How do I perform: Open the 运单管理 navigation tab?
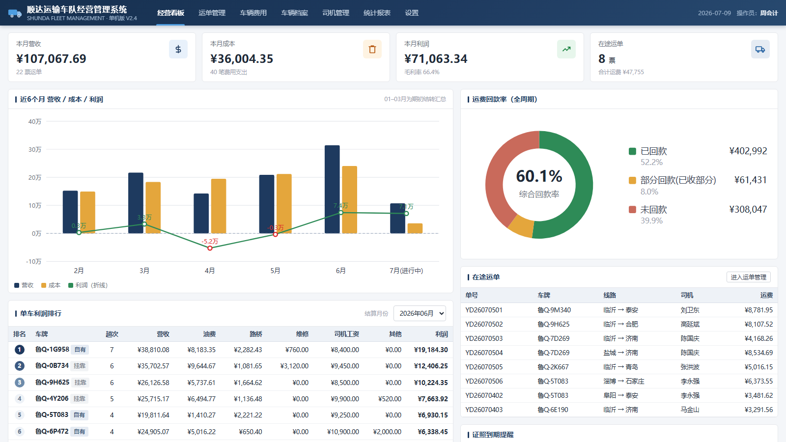pyautogui.click(x=212, y=13)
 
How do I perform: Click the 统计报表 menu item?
pyautogui.click(x=377, y=13)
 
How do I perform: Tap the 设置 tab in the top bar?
pyautogui.click(x=412, y=13)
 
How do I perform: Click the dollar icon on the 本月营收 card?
pyautogui.click(x=178, y=49)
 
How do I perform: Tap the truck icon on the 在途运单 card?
pyautogui.click(x=760, y=49)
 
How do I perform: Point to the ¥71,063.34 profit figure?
pyautogui.click(x=436, y=58)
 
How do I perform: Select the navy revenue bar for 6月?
pyautogui.click(x=332, y=190)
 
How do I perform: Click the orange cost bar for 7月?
pyautogui.click(x=415, y=228)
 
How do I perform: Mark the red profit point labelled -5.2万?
pyautogui.click(x=210, y=248)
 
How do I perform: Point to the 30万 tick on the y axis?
pyautogui.click(x=35, y=149)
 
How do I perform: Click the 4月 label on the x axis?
pyautogui.click(x=210, y=271)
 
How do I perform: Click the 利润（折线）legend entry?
pyautogui.click(x=88, y=285)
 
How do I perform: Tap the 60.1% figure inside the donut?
pyautogui.click(x=539, y=176)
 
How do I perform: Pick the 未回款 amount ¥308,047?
pyautogui.click(x=748, y=209)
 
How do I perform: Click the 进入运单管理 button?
pyautogui.click(x=749, y=277)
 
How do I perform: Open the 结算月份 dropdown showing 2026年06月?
pyautogui.click(x=420, y=313)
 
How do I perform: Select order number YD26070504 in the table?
pyautogui.click(x=484, y=353)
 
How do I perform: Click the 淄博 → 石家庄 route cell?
pyautogui.click(x=624, y=381)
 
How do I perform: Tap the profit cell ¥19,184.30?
pyautogui.click(x=431, y=350)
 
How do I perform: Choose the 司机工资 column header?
pyautogui.click(x=346, y=334)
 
